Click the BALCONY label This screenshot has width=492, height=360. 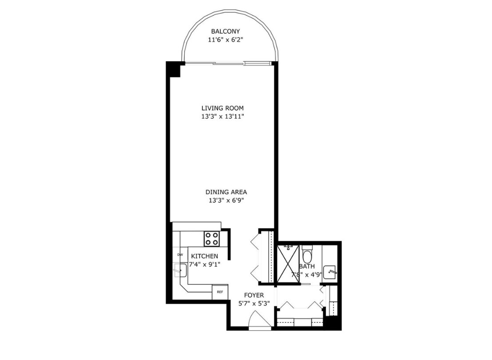(225, 32)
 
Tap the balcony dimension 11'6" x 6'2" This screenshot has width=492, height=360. (225, 40)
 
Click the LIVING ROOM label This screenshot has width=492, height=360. (222, 108)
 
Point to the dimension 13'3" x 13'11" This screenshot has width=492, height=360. (222, 116)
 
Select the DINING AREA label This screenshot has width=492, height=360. (226, 192)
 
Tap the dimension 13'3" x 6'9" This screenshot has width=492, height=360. (226, 200)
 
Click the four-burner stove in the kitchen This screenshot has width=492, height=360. (211, 239)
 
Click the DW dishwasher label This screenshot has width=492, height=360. (180, 255)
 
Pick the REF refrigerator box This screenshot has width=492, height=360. (220, 292)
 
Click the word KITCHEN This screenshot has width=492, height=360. (204, 256)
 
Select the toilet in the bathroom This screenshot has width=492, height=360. (307, 255)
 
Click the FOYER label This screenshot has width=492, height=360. (254, 295)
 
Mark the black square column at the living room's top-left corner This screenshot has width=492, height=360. (174, 69)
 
